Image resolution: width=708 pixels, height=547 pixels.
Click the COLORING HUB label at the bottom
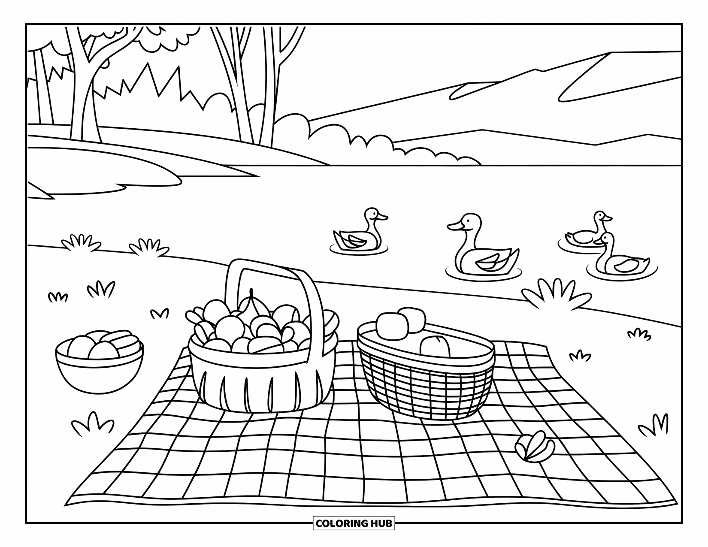pyautogui.click(x=354, y=523)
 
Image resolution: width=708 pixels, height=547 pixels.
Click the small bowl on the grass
pyautogui.click(x=100, y=365)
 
